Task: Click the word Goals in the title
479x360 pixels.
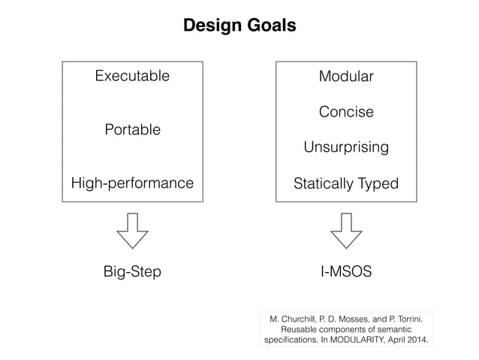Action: (x=271, y=26)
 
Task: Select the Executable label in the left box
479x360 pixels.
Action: (x=131, y=76)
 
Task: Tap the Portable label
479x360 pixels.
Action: (x=131, y=130)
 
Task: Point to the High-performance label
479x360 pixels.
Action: (x=131, y=183)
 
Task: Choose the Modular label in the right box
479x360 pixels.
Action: (x=345, y=77)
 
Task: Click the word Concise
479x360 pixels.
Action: (x=345, y=112)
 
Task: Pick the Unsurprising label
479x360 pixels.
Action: (x=345, y=147)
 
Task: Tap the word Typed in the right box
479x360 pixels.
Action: (x=378, y=183)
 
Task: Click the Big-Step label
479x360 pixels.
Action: (x=131, y=271)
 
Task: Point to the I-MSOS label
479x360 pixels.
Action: (x=345, y=271)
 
